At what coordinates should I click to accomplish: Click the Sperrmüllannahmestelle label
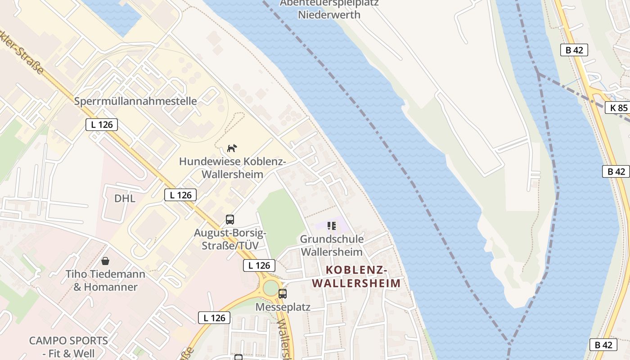[x=135, y=101]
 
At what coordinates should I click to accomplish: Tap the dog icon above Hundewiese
[x=232, y=148]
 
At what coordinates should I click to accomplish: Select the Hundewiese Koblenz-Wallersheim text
[x=232, y=168]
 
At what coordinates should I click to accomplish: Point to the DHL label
[x=125, y=198]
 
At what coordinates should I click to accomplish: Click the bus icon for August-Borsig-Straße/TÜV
[x=230, y=220]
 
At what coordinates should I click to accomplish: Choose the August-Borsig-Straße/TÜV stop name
[x=230, y=239]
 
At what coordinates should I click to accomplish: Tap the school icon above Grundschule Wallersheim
[x=332, y=226]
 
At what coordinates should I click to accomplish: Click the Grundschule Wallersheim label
[x=332, y=245]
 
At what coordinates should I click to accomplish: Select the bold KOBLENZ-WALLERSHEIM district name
[x=356, y=276]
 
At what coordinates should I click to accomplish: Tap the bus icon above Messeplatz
[x=282, y=294]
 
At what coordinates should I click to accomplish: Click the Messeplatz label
[x=283, y=307]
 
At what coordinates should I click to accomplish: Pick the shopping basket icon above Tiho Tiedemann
[x=105, y=261]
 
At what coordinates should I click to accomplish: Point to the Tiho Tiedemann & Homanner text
[x=105, y=280]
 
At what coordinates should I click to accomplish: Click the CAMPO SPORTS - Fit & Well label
[x=68, y=346]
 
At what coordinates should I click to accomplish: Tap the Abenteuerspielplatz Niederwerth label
[x=329, y=9]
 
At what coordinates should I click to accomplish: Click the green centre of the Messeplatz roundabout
[x=271, y=288]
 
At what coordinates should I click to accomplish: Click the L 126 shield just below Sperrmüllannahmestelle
[x=102, y=125]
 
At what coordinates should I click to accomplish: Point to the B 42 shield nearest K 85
[x=574, y=50]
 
